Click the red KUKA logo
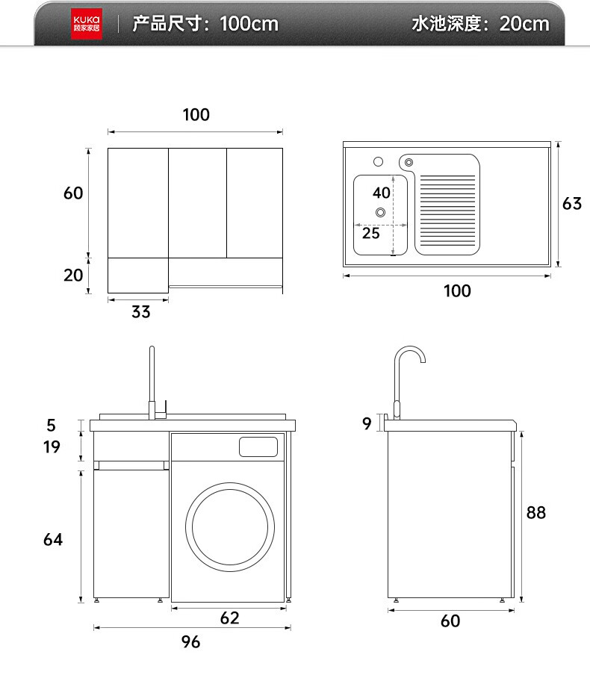tap(87, 24)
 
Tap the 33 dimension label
tap(140, 312)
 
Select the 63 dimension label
tap(572, 203)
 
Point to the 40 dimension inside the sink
tap(382, 193)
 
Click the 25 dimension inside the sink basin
tap(371, 233)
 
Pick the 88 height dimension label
tap(535, 512)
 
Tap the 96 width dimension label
tap(190, 642)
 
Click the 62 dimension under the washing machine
tap(229, 618)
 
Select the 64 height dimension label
tap(53, 539)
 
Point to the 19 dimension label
tap(52, 447)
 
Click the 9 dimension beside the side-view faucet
tap(367, 423)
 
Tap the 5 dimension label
tap(52, 425)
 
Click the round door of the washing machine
tap(230, 527)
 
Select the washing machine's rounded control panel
tap(258, 447)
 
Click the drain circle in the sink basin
tap(380, 212)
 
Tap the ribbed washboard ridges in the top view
tap(447, 210)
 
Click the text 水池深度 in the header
tap(446, 24)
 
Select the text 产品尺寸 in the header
tap(167, 24)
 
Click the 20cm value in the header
tap(524, 24)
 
